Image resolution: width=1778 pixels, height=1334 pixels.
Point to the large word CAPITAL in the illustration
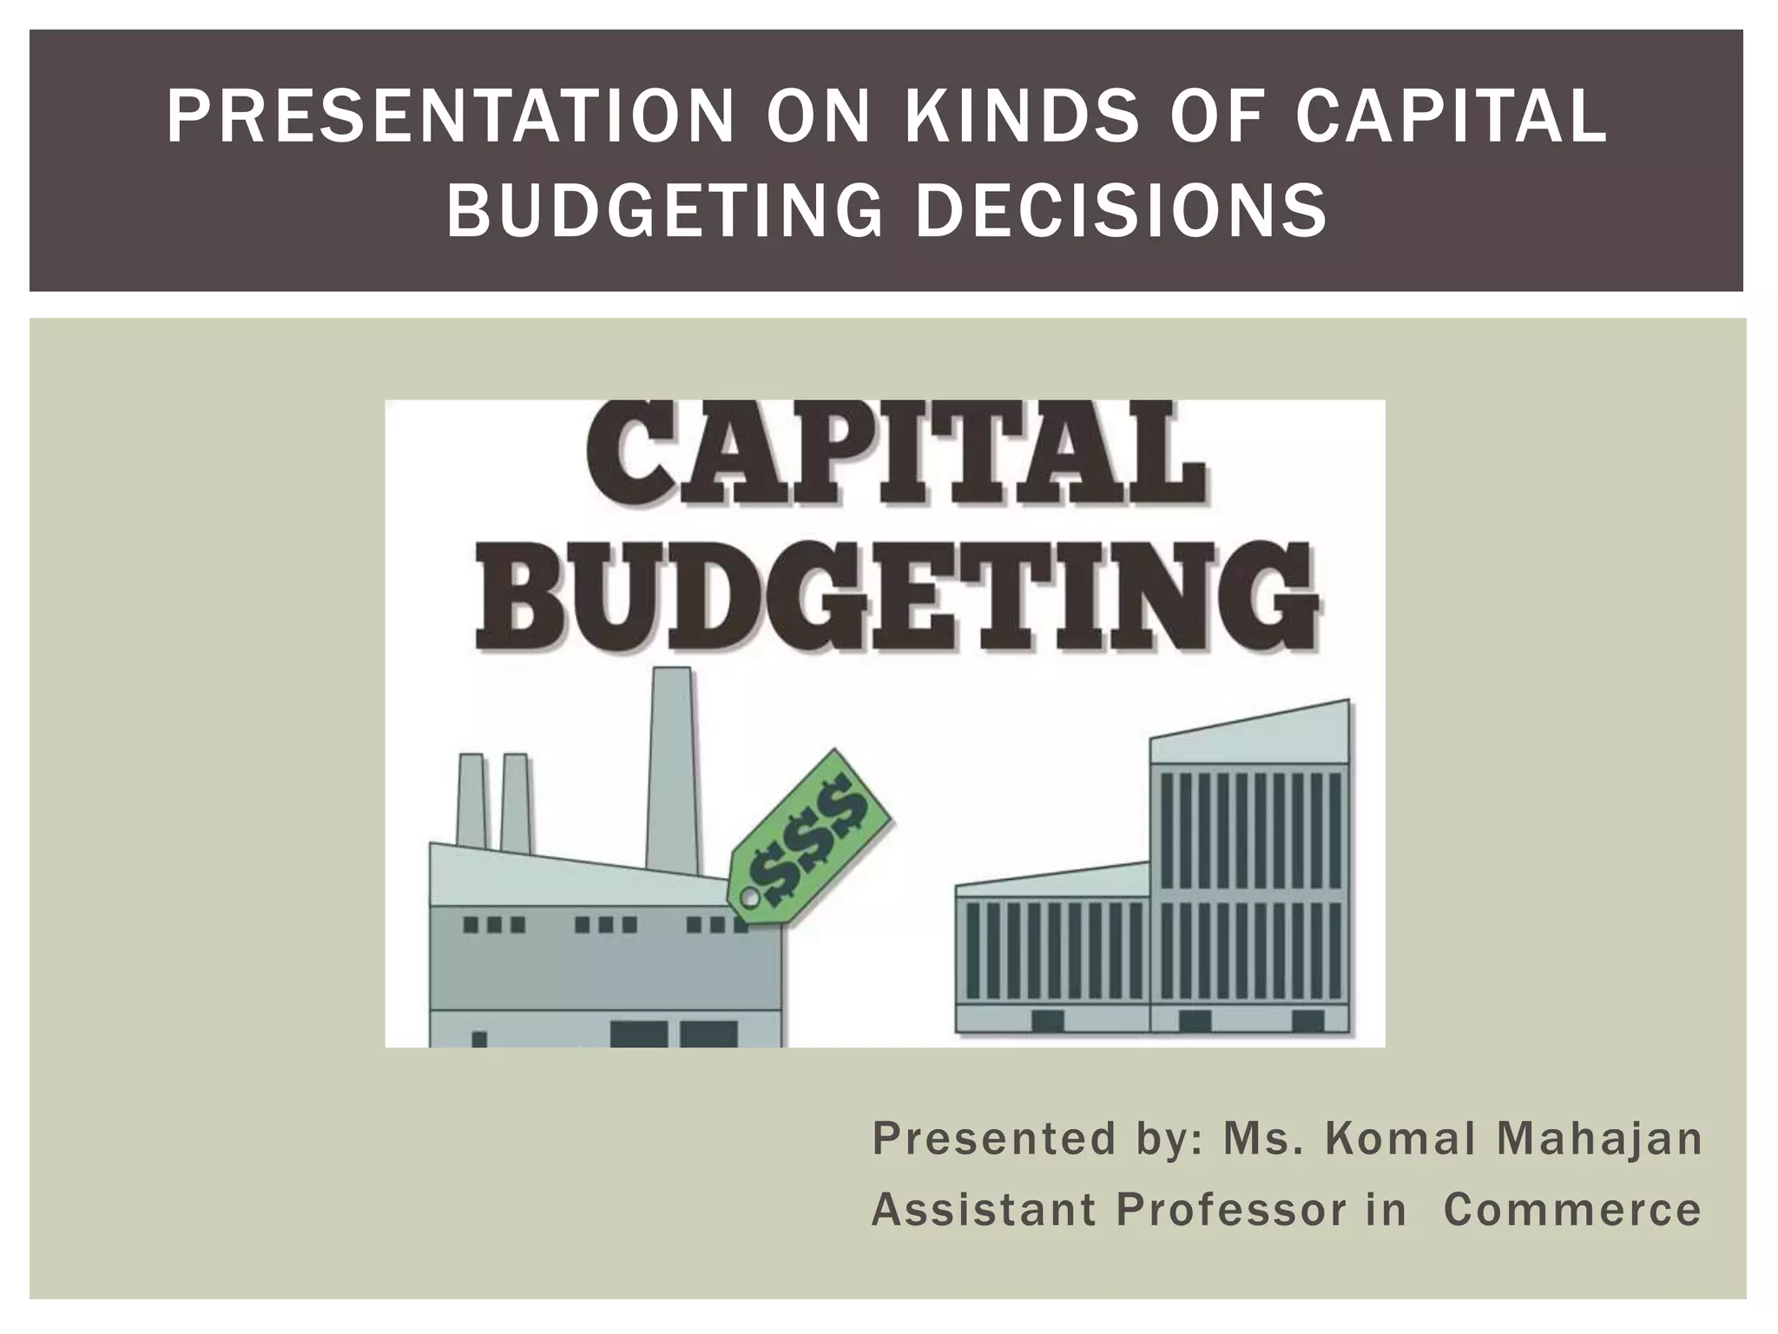coord(893,455)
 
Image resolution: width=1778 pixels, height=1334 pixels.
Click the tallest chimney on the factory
coord(671,769)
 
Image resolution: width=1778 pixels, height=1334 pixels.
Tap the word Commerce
coord(1572,1209)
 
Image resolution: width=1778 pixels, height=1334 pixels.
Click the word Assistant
coord(984,1209)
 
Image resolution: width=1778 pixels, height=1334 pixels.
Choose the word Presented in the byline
coord(994,1139)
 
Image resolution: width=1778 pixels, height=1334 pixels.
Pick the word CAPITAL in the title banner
coord(1451,117)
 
